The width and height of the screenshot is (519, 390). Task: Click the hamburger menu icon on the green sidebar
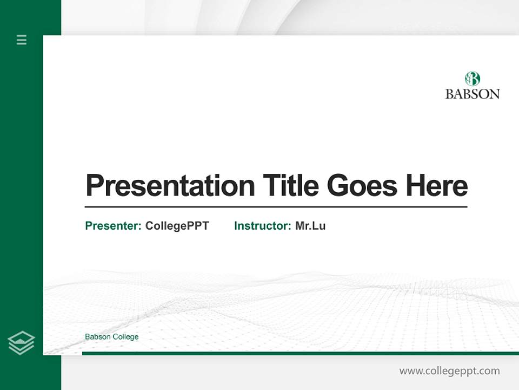[x=22, y=40]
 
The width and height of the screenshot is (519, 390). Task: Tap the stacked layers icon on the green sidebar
[x=21, y=343]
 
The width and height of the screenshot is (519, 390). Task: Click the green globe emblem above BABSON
[x=472, y=79]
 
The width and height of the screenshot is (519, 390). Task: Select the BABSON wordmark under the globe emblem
[x=472, y=94]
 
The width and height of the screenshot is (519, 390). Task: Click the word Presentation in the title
[x=170, y=186]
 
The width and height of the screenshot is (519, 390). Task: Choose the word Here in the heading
[x=436, y=186]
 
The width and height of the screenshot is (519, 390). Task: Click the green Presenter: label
[x=113, y=226]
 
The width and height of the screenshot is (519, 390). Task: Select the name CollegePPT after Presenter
[x=177, y=226]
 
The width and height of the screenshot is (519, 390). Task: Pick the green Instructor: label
[x=262, y=226]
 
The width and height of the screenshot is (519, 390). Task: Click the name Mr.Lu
[x=310, y=226]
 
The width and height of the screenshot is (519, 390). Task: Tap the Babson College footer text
[x=111, y=337]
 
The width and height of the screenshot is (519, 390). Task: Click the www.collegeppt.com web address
[x=449, y=371]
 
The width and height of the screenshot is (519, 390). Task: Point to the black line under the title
[x=276, y=206]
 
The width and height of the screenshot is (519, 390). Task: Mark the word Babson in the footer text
[x=97, y=337]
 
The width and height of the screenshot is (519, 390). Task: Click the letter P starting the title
[x=95, y=186]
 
